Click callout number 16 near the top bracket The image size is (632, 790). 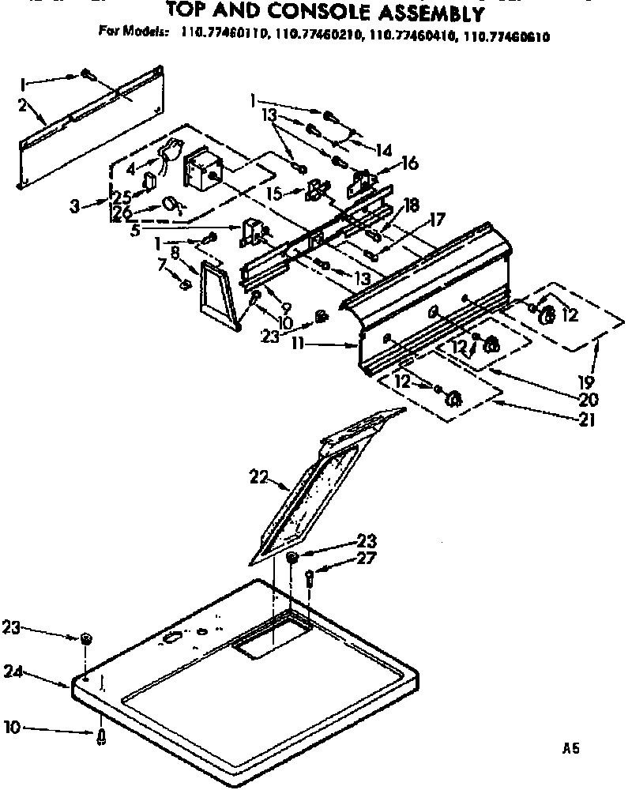tap(409, 164)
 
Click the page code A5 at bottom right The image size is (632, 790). tap(572, 747)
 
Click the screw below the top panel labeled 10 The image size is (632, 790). tap(102, 736)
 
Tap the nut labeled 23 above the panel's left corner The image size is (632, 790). tap(85, 638)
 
